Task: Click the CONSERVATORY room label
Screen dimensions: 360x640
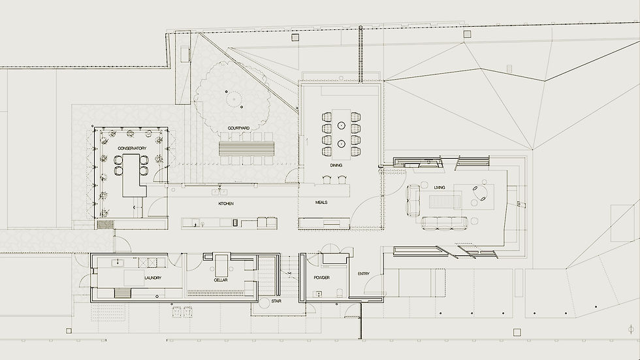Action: coord(132,148)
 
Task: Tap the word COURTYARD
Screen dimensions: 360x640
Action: coord(238,127)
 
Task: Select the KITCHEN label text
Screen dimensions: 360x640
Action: coord(226,204)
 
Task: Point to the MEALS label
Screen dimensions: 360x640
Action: coord(321,203)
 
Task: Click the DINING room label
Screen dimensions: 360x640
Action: coord(336,165)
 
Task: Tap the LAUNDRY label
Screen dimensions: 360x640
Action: coord(152,278)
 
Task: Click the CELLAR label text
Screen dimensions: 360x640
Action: coord(220,280)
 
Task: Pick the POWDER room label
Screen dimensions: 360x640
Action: coord(321,278)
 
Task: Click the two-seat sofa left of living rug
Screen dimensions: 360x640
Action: coord(414,199)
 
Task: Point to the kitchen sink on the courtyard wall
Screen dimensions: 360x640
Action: coord(219,192)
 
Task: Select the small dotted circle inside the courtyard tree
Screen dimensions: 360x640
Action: coord(232,99)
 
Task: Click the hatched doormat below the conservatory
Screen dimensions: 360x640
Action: coord(105,224)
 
